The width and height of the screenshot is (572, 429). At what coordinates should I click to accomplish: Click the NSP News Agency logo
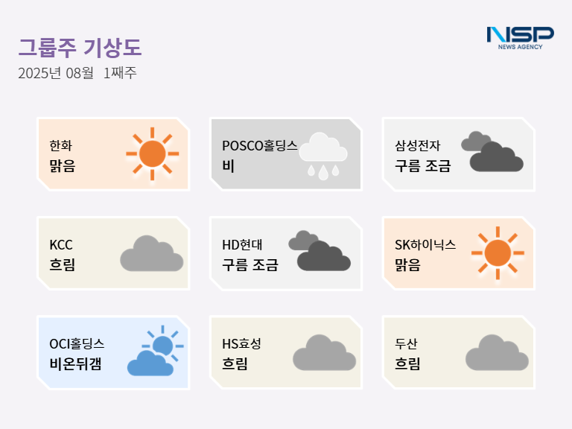[x=520, y=38]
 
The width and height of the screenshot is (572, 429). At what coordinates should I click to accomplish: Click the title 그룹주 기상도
[x=80, y=48]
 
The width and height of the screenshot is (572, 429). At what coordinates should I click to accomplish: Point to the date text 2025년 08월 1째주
[x=77, y=73]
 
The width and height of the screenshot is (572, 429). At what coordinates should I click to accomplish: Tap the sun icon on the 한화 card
[x=153, y=154]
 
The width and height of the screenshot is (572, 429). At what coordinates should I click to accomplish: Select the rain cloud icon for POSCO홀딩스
[x=323, y=156]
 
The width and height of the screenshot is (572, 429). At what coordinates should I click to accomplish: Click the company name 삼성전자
[x=418, y=145]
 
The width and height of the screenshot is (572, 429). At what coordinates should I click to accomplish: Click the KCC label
[x=61, y=245]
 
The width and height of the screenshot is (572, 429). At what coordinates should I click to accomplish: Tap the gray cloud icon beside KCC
[x=152, y=253]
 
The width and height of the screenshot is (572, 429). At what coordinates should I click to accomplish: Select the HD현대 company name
[x=242, y=245]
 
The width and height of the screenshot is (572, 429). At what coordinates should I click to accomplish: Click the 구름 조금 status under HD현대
[x=250, y=264]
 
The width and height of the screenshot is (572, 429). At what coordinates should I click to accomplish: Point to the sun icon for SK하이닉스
[x=498, y=253]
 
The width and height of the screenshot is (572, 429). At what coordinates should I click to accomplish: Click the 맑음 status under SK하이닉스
[x=408, y=264]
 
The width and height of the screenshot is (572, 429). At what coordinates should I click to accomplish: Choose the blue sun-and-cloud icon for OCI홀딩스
[x=156, y=351]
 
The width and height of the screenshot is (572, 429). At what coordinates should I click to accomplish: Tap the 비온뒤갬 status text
[x=75, y=363]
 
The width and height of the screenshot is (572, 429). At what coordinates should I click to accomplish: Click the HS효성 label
[x=241, y=343]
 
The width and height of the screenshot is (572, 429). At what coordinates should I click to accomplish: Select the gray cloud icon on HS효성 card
[x=324, y=352]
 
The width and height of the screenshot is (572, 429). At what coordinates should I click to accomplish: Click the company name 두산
[x=406, y=343]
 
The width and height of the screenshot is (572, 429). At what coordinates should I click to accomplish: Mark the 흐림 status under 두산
[x=408, y=363]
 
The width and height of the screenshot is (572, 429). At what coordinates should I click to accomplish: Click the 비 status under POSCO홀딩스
[x=229, y=166]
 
